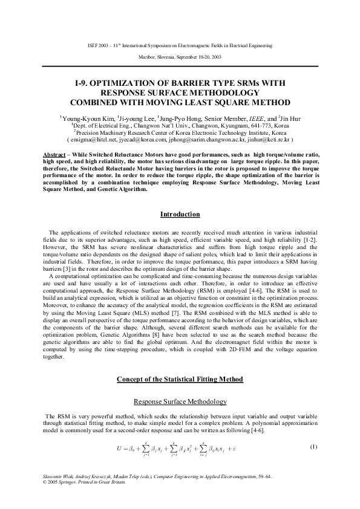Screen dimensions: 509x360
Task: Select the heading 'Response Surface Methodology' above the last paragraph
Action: tap(180, 401)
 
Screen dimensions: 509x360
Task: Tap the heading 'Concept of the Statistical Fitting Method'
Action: tap(180, 379)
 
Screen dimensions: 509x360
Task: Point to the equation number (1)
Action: tap(313, 447)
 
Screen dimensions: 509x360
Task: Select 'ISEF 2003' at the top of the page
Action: tap(99, 45)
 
